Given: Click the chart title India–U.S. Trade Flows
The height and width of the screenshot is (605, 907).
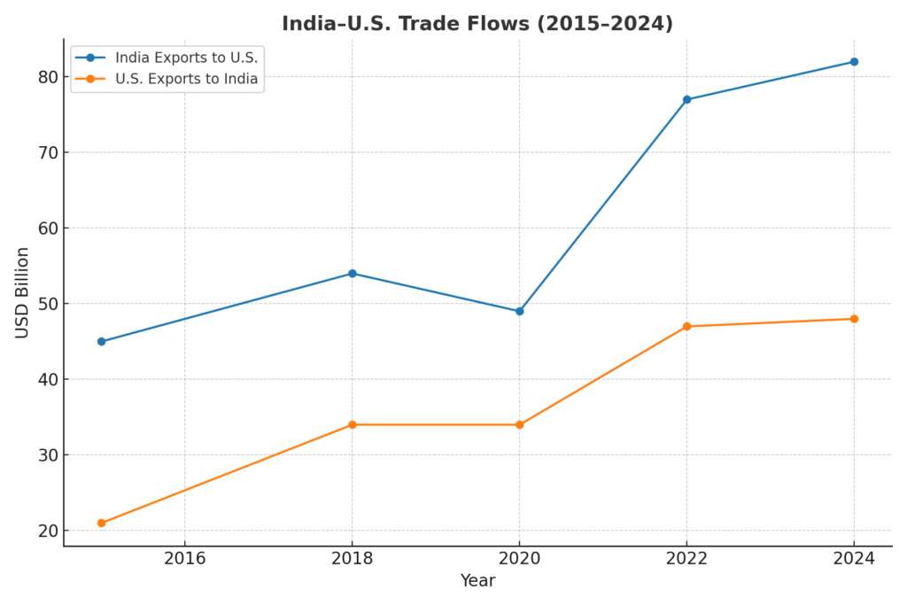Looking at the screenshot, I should click(x=477, y=24).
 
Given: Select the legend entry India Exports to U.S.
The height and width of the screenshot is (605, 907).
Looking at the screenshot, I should click(x=186, y=58).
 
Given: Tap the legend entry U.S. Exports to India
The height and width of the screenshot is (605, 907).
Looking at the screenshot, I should click(x=186, y=79).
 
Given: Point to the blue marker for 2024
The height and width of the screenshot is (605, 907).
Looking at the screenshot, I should click(x=854, y=62).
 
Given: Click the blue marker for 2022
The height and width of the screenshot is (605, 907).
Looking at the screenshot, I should click(x=686, y=99).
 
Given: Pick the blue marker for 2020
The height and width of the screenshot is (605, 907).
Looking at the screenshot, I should click(x=519, y=311).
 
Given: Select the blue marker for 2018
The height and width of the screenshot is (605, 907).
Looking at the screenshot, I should click(x=352, y=274).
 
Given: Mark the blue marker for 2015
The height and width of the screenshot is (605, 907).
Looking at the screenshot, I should click(x=101, y=341).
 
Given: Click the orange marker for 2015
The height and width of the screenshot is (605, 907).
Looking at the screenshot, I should click(x=101, y=523).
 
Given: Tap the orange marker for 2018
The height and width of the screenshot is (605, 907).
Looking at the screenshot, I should click(x=352, y=424).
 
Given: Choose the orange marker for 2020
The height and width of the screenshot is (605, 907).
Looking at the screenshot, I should click(x=519, y=424).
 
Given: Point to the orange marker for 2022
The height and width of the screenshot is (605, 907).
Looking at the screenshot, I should click(x=686, y=326).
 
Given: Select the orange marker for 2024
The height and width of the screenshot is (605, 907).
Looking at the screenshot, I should click(x=854, y=319).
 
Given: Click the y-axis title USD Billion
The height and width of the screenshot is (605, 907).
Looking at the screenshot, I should click(x=23, y=292).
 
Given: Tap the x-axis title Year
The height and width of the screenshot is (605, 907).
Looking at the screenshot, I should click(x=477, y=581).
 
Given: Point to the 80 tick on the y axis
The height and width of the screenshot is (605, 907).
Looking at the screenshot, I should click(x=46, y=77).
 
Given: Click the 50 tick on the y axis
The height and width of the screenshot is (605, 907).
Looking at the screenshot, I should click(x=46, y=304).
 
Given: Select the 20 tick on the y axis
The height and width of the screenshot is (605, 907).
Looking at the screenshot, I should click(x=46, y=531).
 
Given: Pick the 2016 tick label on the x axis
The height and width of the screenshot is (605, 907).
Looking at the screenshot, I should click(x=184, y=558).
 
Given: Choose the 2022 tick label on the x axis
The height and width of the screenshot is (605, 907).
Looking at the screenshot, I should click(x=686, y=558).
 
